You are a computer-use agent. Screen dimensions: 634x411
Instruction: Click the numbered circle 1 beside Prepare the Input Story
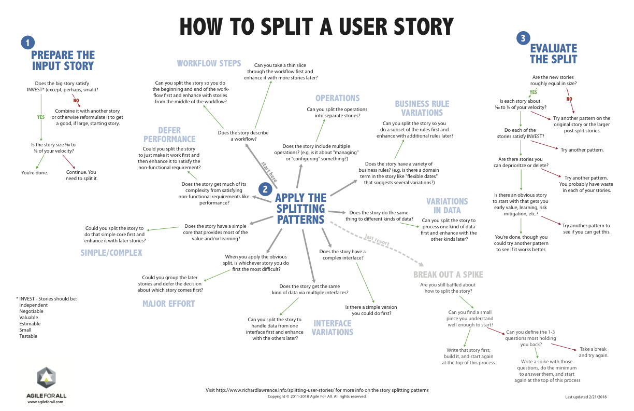point(28,43)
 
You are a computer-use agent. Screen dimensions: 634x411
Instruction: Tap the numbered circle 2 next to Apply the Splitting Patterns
point(265,189)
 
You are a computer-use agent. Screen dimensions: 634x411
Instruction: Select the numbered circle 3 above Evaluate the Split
point(523,38)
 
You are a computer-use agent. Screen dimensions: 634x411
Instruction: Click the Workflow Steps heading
point(209,63)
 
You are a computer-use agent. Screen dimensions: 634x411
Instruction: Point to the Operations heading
point(337,98)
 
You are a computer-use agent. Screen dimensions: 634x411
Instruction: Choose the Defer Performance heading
point(169,135)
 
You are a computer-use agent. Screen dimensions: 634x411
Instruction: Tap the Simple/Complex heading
point(111,253)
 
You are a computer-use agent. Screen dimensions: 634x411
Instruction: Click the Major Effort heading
point(168,304)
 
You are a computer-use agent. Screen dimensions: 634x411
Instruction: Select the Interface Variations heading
point(333,327)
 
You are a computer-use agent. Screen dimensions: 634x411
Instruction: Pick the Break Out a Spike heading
point(448,275)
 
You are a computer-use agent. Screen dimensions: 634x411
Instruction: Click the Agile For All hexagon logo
point(47,378)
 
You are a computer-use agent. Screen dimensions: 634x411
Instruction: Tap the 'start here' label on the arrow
point(269,172)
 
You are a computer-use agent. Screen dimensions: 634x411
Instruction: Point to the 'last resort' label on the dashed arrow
point(377,240)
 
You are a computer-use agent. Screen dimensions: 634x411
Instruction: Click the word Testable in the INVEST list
point(28,336)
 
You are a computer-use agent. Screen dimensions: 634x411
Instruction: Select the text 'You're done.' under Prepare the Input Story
point(35,173)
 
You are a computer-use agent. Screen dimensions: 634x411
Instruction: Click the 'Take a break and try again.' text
point(593,352)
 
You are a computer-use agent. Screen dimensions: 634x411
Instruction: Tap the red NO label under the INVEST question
point(76,100)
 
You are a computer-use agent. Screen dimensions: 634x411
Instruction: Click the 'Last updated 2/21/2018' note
point(586,397)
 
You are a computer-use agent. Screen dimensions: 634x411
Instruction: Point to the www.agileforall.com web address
point(45,402)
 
